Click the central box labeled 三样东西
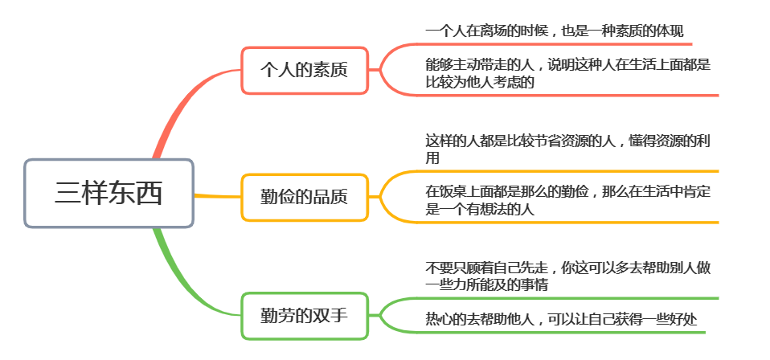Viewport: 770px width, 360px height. (109, 193)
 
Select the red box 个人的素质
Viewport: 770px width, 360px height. (305, 70)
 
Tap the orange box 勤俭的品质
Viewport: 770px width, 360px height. (305, 197)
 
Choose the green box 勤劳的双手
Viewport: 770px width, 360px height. (305, 316)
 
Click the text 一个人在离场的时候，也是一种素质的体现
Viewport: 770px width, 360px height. (555, 32)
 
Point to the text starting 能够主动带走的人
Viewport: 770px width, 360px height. (568, 73)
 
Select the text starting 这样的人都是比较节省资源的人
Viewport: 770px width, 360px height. (568, 149)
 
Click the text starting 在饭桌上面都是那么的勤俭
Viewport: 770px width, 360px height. (568, 200)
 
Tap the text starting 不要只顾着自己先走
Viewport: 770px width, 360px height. (568, 276)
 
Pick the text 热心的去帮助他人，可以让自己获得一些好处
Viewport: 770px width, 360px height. (561, 320)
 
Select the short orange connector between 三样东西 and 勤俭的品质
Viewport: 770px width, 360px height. (218, 196)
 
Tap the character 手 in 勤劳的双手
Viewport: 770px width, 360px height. (339, 316)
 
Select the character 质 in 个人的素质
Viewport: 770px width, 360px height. (339, 70)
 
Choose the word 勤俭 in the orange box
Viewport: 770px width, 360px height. (278, 197)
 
